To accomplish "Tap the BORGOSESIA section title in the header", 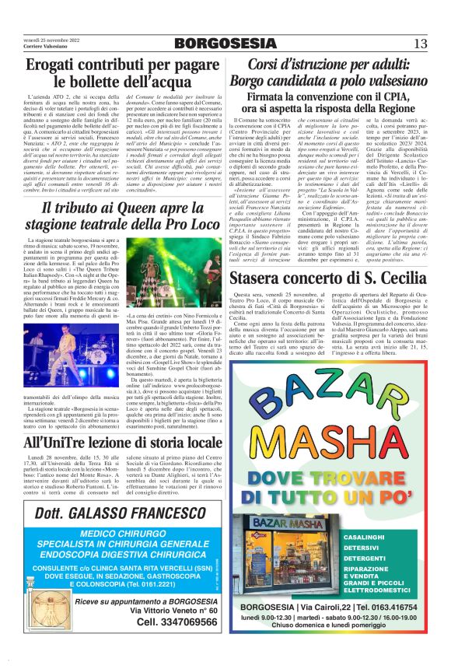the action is click(226, 43).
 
